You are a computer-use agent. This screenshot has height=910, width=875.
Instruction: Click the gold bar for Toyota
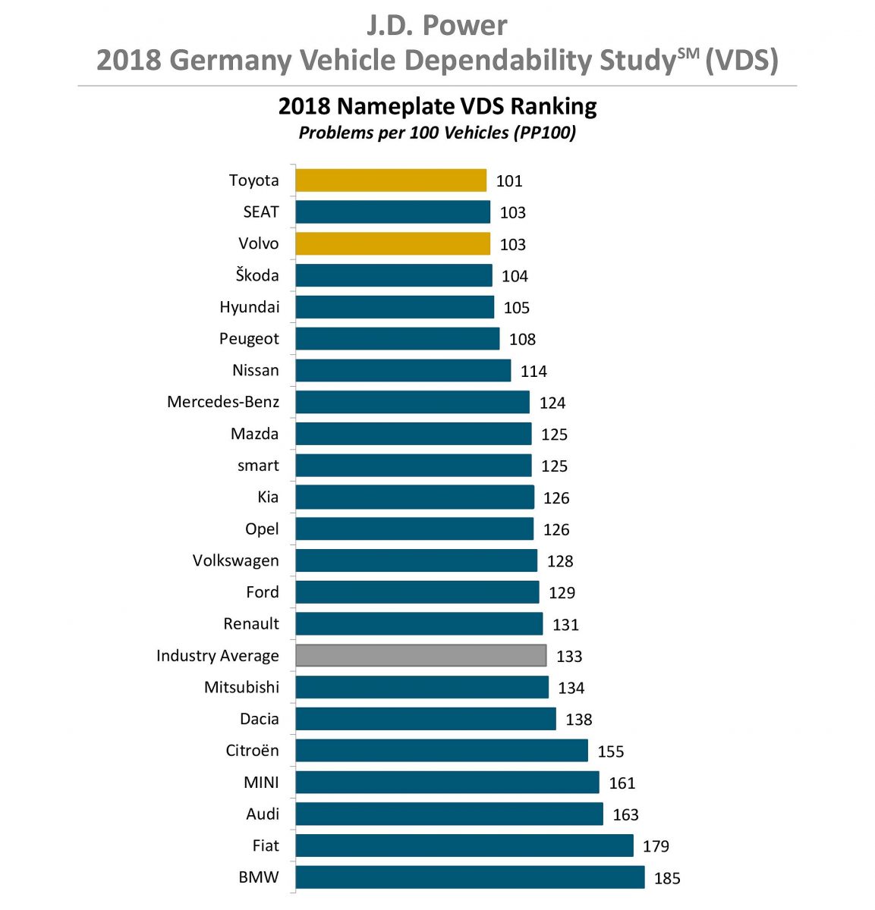coord(391,180)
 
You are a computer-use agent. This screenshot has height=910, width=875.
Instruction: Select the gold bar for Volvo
coord(392,243)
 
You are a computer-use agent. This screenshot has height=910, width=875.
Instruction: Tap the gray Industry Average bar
coord(420,655)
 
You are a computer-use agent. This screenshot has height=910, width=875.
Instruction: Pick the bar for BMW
coord(470,877)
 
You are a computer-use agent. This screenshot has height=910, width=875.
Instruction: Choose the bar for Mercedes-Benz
coord(412,402)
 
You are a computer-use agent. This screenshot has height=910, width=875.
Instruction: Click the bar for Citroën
coord(442,751)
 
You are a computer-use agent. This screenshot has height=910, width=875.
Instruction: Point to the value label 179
coord(656,846)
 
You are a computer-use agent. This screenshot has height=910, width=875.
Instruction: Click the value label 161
coord(622,783)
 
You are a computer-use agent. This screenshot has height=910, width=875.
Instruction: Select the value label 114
coord(533,371)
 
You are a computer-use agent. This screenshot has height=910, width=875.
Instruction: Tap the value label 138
coord(578,720)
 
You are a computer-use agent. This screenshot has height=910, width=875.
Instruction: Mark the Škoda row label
coord(257,275)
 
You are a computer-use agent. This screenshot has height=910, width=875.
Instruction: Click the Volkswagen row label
coord(235,560)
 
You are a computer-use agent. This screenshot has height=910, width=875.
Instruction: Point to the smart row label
coord(258,466)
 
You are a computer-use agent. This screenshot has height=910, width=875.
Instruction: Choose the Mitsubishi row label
coord(241,687)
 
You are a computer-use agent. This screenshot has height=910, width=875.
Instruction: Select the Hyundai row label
coord(249,307)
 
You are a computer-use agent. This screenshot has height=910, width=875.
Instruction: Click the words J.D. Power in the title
coord(437,26)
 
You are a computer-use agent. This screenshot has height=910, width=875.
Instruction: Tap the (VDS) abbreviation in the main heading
coord(741,61)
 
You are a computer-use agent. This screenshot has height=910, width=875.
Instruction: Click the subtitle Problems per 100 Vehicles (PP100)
coord(437,133)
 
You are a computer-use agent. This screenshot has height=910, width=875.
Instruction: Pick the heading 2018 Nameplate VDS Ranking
coord(437,106)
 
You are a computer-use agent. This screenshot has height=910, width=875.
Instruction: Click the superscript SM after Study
coord(688,52)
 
